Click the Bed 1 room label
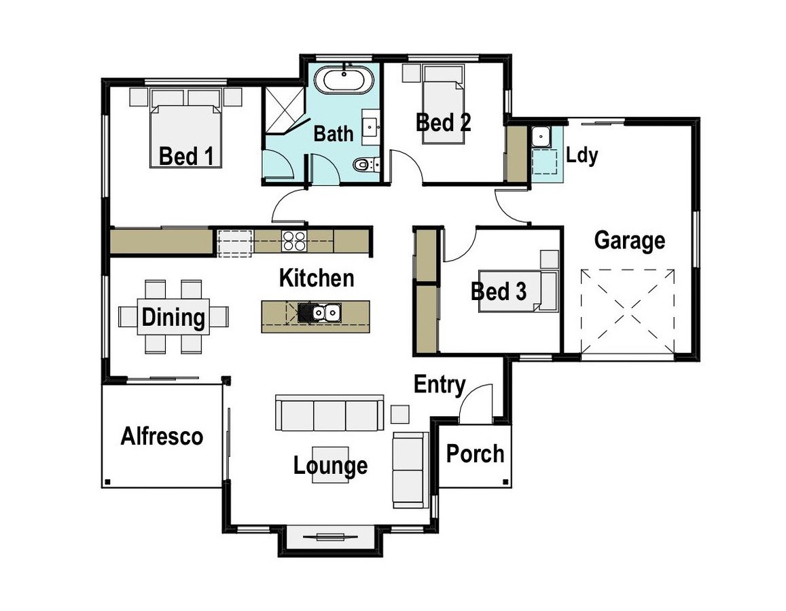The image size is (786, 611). pos(186,156)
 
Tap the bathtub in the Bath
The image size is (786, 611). pos(344,79)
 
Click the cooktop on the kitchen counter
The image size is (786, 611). pos(293,241)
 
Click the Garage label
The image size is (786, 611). pos(630,241)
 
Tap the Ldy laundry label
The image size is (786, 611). pos(582,155)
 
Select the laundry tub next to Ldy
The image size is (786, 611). pos(541,137)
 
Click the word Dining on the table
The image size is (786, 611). pos(173,317)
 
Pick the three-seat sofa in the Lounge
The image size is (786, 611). pos(329,413)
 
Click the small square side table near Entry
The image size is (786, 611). pos(400,414)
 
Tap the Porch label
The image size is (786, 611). pos(476,453)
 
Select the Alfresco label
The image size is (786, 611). pos(162,437)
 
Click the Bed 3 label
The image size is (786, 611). pos(499,291)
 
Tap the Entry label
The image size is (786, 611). pos(440,385)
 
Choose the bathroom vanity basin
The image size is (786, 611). pos(372,127)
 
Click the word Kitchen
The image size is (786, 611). pos(317,278)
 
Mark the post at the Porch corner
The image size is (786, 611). pos(505,482)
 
